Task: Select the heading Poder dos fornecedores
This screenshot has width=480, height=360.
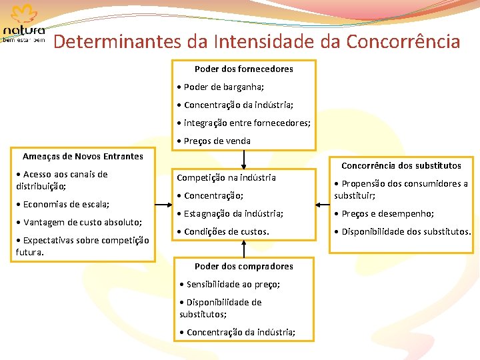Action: [243, 69]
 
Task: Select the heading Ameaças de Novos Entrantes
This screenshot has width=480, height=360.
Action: [83, 156]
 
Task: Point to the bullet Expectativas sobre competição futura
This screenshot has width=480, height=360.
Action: [82, 246]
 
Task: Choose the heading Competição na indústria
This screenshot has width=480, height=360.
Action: [226, 177]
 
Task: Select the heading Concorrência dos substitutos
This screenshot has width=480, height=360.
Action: [401, 165]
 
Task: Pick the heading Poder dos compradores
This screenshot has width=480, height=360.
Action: [244, 266]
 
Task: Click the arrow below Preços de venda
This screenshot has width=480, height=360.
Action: [245, 159]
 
